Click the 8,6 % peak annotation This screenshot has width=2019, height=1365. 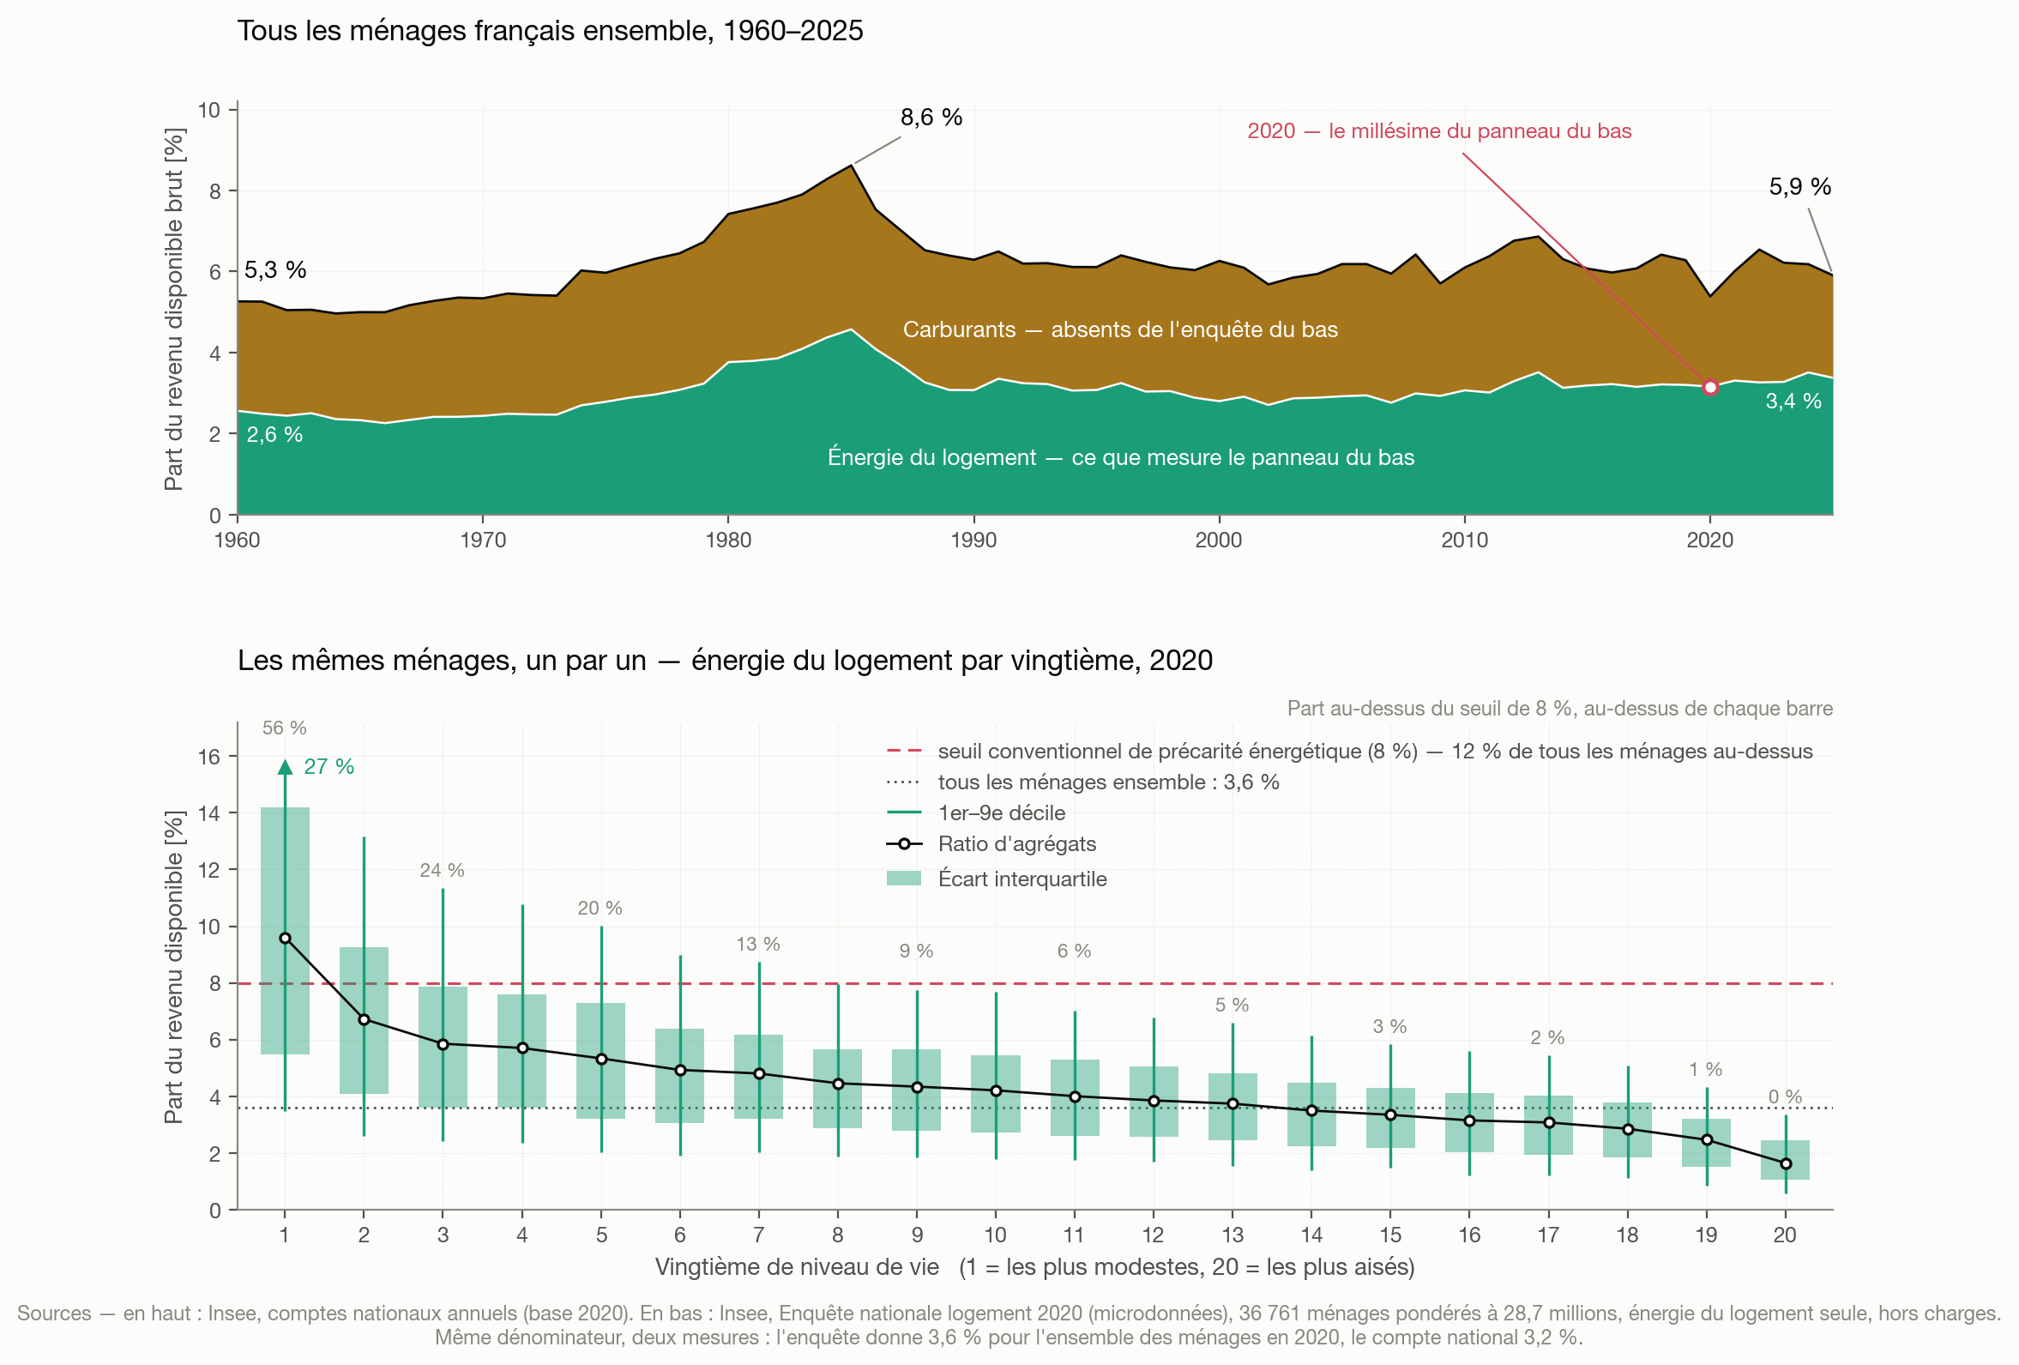point(931,118)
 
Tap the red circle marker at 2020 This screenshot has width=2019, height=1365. point(1709,388)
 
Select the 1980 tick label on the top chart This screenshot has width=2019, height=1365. point(728,540)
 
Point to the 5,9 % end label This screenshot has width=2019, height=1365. point(1800,187)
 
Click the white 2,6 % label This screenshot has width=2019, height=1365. point(274,434)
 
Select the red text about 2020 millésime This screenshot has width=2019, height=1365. point(1439,131)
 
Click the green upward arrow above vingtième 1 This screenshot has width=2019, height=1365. point(285,766)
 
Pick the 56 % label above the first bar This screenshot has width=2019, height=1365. point(285,728)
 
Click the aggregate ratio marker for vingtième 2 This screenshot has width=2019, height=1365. point(364,1019)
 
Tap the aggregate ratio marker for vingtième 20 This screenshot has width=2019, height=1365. point(1786,1163)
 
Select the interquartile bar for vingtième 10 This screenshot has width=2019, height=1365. point(996,1094)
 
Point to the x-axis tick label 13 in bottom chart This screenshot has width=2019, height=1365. point(1232,1235)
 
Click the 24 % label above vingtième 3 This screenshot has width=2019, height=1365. point(443,871)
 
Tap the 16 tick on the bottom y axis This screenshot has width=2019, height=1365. point(209,757)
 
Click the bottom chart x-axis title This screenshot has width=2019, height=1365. point(1034,1267)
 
